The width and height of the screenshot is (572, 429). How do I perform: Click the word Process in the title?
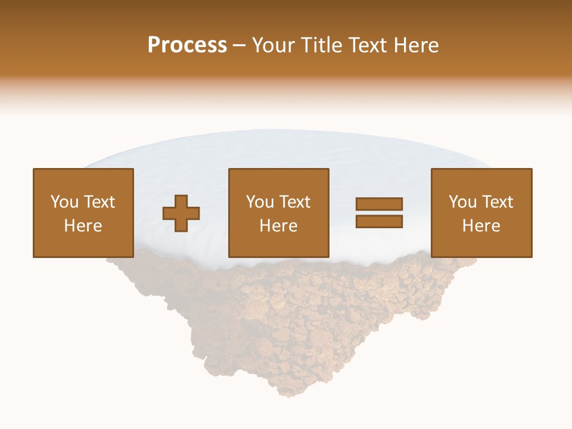pyautogui.click(x=187, y=45)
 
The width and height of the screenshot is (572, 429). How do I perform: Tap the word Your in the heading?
pyautogui.click(x=275, y=45)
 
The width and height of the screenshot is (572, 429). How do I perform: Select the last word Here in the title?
pyautogui.click(x=416, y=45)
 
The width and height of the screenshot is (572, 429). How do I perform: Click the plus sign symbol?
pyautogui.click(x=182, y=213)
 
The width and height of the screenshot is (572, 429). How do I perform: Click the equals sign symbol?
pyautogui.click(x=379, y=213)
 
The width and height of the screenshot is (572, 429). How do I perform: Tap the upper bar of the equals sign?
pyautogui.click(x=379, y=204)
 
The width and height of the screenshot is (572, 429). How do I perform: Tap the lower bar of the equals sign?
pyautogui.click(x=379, y=222)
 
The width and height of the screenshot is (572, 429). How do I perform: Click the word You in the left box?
pyautogui.click(x=64, y=202)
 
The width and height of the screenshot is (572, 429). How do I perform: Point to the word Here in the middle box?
pyautogui.click(x=278, y=226)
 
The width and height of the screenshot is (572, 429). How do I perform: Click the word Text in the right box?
pyautogui.click(x=498, y=202)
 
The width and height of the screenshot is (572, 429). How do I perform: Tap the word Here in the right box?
pyautogui.click(x=481, y=226)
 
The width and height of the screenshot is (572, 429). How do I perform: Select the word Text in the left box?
pyautogui.click(x=99, y=202)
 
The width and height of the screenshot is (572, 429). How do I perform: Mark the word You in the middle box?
pyautogui.click(x=260, y=202)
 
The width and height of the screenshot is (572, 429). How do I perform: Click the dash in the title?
pyautogui.click(x=239, y=46)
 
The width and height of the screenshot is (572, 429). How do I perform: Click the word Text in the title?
pyautogui.click(x=367, y=45)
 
